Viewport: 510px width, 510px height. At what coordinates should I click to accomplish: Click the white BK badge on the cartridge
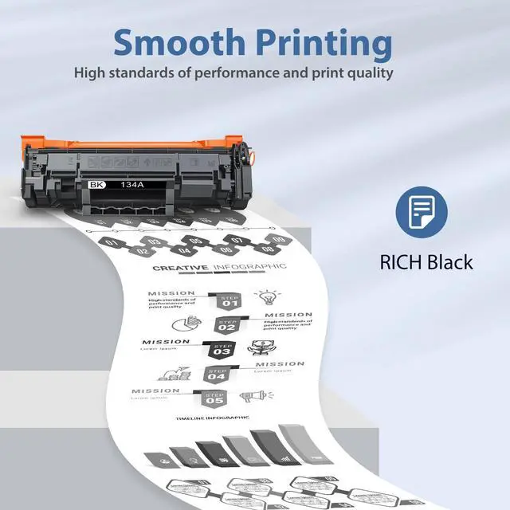[x=97, y=184]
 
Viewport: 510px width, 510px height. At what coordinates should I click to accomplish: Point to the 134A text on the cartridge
[x=132, y=184]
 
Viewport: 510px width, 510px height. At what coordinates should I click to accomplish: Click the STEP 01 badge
[x=229, y=301]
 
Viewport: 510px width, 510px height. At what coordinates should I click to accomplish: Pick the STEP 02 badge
[x=227, y=325]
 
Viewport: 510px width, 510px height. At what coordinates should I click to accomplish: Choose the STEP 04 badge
[x=216, y=374]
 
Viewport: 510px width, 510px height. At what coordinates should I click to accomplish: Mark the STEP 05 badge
[x=214, y=398]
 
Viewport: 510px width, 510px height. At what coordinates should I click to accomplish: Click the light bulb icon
[x=265, y=298]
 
